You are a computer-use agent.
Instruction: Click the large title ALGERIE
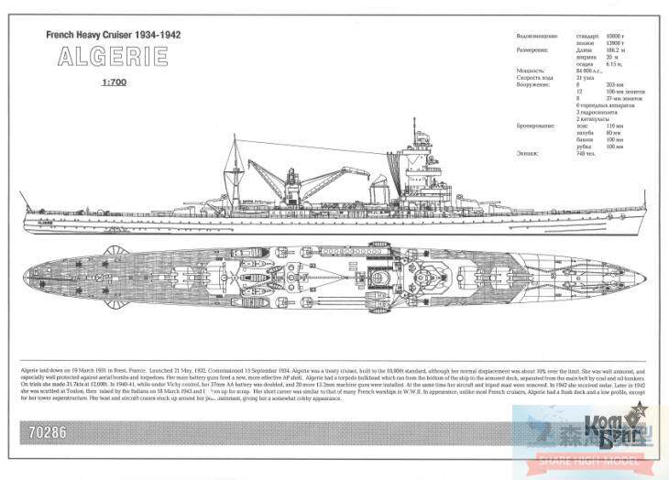coord(113,57)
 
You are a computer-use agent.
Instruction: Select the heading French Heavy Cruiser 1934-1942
coord(113,34)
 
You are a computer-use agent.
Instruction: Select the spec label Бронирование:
coord(534,126)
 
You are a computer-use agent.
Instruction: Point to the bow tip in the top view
coord(640,273)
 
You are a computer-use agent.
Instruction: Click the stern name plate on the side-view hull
coord(45,221)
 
